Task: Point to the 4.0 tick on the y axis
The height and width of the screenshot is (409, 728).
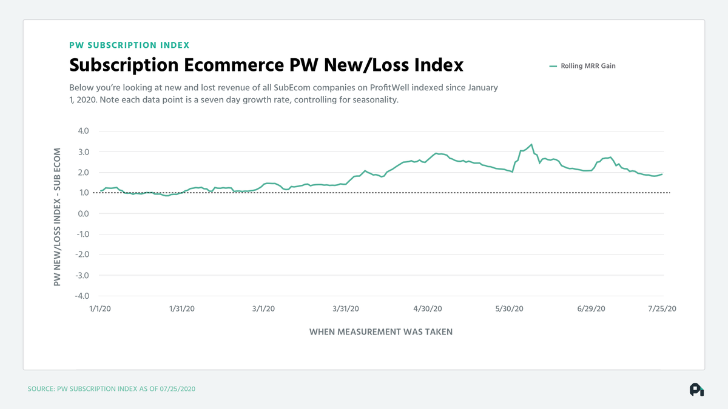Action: [83, 131]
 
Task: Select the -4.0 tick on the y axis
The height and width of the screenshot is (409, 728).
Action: [82, 296]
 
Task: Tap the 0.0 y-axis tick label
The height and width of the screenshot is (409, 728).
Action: [83, 214]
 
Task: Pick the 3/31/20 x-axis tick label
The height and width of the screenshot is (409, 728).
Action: [346, 308]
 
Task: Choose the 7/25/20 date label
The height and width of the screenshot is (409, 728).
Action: [662, 308]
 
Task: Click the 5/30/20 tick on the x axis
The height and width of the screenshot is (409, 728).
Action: [510, 308]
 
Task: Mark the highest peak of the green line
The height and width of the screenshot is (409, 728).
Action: [531, 144]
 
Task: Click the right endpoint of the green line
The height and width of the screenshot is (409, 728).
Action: [662, 174]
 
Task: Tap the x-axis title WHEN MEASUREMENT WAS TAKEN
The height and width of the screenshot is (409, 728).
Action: [381, 332]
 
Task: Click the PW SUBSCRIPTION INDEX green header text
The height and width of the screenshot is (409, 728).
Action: [129, 45]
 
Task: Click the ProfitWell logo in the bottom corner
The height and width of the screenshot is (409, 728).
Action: [696, 389]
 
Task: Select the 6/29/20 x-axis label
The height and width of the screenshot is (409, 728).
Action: [592, 308]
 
